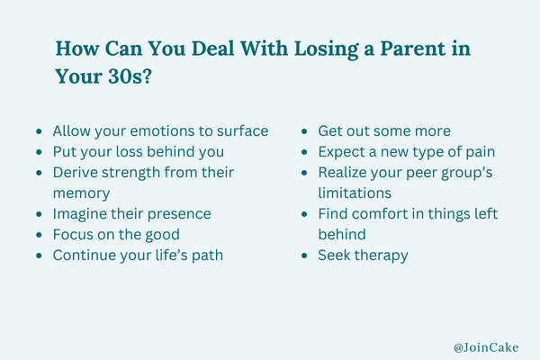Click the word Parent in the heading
[412, 49]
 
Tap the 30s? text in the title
[130, 76]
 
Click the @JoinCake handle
[486, 347]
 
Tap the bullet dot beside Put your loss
[39, 152]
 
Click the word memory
[82, 193]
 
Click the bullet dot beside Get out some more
[304, 131]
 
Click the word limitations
[355, 193]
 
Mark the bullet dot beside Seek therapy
[304, 256]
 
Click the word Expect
[341, 152]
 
